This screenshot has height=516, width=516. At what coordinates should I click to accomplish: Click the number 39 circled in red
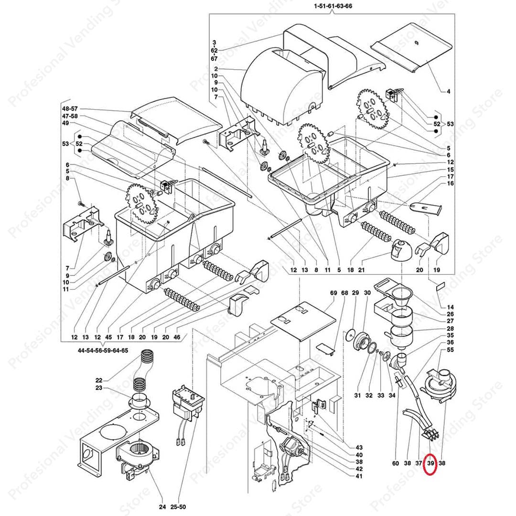click(430, 463)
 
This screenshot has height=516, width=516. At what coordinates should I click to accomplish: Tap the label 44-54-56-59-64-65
click(103, 350)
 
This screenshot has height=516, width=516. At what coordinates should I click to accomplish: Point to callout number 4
click(449, 91)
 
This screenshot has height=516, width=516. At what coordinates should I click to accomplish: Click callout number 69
click(333, 292)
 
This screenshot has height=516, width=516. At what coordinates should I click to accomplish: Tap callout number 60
click(396, 463)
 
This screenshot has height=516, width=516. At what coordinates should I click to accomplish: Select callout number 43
click(359, 448)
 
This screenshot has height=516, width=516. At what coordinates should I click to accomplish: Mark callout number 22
click(99, 380)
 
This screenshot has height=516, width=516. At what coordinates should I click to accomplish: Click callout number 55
click(450, 350)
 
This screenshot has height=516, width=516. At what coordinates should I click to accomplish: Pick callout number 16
click(450, 183)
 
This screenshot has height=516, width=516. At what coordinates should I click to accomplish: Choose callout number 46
click(177, 337)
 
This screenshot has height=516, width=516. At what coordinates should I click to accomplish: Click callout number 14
click(450, 307)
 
